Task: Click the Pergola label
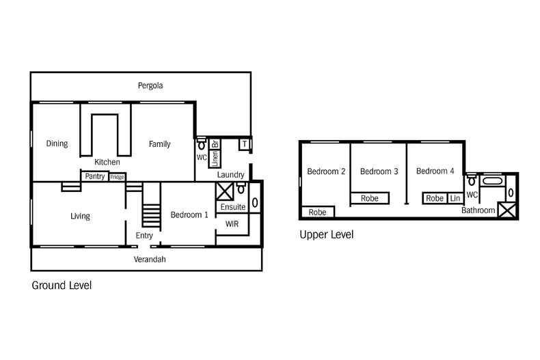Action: [150, 85]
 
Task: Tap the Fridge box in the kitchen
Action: [117, 177]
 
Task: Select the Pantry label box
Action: [95, 176]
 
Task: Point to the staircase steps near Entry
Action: [151, 216]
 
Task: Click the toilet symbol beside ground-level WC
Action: [202, 144]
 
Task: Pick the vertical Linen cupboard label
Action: [215, 158]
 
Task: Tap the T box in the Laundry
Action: [244, 144]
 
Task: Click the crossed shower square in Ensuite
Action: [225, 191]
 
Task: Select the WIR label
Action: [232, 224]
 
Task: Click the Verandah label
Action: [150, 259]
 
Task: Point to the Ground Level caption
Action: [62, 286]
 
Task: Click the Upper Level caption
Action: [327, 235]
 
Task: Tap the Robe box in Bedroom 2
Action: [318, 212]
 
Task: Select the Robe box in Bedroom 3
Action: [370, 198]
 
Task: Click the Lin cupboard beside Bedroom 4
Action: [455, 198]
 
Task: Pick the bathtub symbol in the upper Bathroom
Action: [492, 181]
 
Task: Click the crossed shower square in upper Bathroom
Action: [507, 210]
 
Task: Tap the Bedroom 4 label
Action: [435, 171]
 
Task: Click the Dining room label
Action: [57, 143]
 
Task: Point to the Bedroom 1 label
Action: [189, 215]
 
